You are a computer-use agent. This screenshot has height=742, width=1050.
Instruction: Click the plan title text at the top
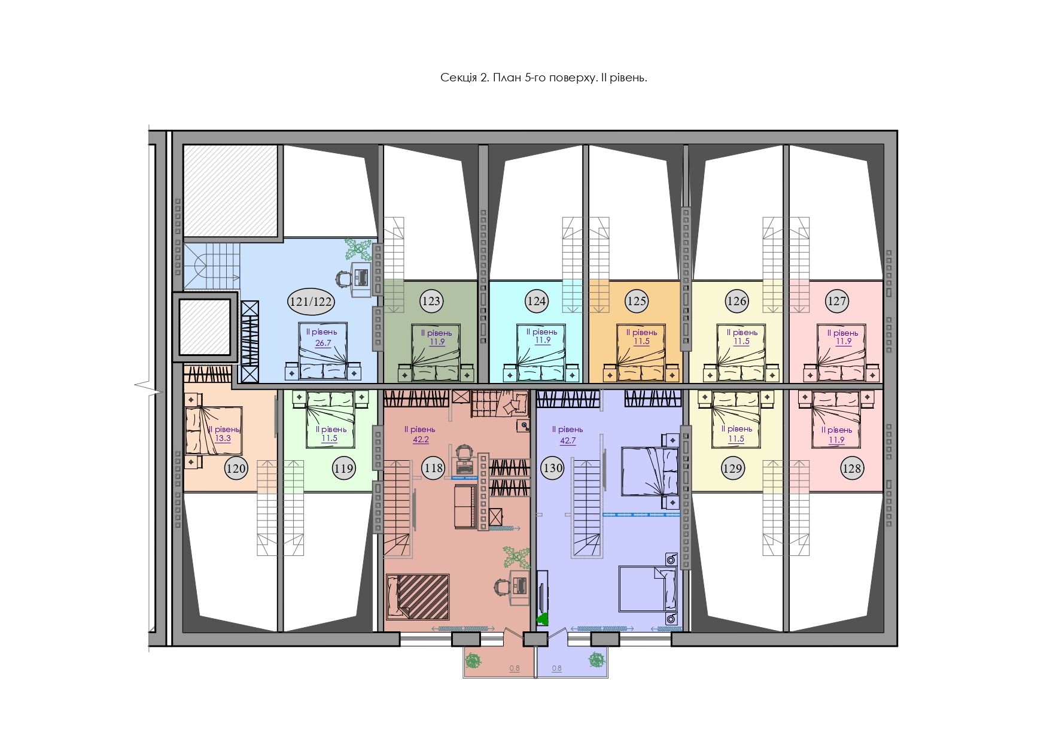click(543, 78)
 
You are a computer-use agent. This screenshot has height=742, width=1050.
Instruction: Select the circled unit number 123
click(431, 301)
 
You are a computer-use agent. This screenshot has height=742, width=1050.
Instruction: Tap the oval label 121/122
click(311, 302)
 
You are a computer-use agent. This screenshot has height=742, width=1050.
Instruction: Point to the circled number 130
click(552, 468)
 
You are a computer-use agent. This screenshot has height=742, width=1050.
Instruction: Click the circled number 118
click(434, 467)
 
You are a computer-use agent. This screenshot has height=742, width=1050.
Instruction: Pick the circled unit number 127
click(836, 301)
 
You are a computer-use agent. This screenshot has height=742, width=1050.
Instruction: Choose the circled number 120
click(236, 468)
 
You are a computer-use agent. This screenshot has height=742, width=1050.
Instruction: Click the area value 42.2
click(421, 439)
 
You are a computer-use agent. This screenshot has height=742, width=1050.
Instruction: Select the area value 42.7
click(567, 441)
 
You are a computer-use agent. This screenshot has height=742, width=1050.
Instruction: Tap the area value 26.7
click(323, 343)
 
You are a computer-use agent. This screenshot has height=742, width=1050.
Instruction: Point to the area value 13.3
click(223, 438)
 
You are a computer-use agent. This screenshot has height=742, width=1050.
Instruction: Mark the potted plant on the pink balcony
click(473, 661)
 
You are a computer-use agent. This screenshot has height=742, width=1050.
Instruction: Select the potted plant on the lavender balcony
click(596, 660)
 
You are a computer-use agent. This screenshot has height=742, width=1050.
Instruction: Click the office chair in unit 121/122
click(343, 278)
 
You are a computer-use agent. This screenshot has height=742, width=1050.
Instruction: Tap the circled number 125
click(636, 301)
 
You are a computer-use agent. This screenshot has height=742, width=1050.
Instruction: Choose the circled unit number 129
click(732, 468)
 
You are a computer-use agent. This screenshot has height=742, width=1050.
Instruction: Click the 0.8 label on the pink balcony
click(515, 668)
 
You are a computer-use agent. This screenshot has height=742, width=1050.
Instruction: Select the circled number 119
click(343, 468)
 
